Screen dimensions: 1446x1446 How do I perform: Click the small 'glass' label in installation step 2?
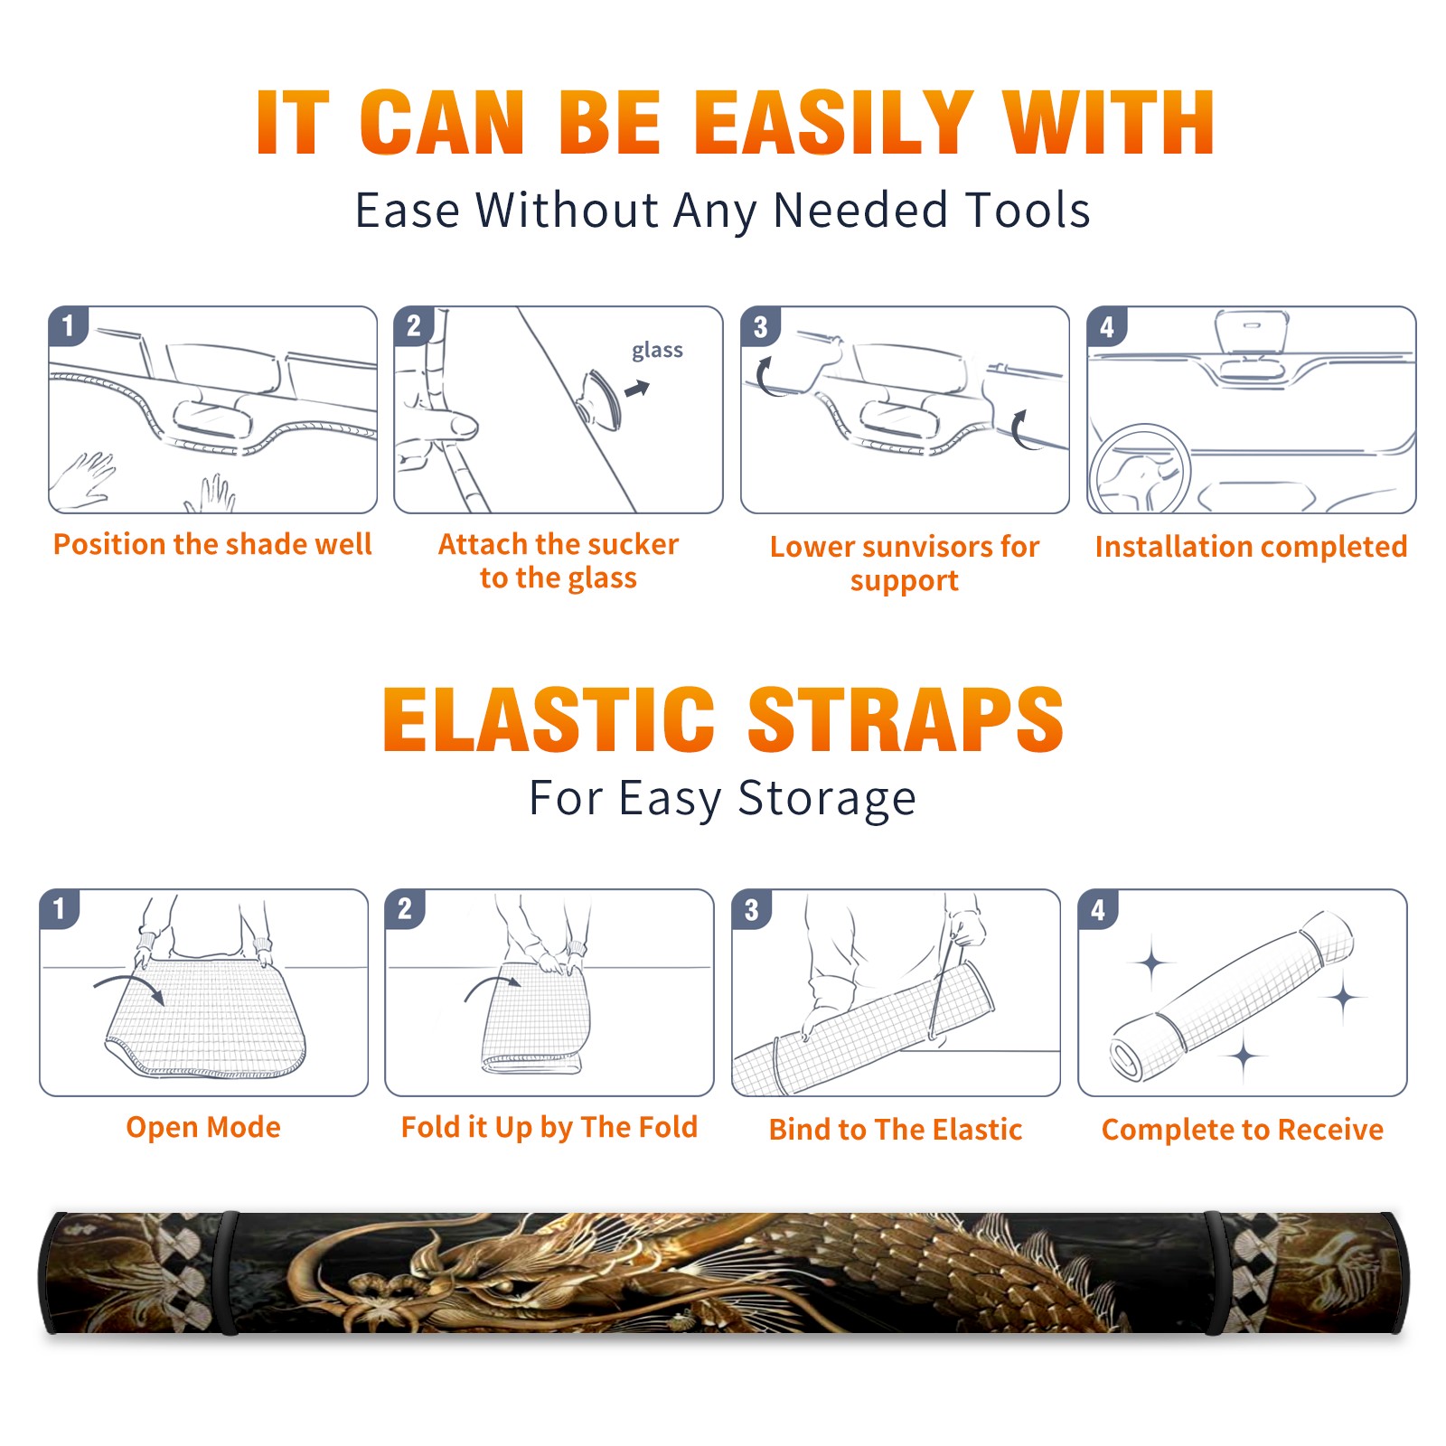coord(657,351)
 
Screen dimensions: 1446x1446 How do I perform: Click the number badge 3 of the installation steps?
coord(761,326)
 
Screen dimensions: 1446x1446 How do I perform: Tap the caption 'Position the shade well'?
coord(212,544)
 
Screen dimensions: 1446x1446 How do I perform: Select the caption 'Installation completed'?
coord(1251,546)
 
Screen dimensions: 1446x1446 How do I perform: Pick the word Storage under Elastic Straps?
coord(827,799)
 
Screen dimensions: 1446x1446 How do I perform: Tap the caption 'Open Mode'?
coord(203,1127)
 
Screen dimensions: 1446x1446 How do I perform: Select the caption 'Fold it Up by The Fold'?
coord(549,1127)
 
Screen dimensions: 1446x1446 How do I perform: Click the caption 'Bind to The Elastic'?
coord(896,1130)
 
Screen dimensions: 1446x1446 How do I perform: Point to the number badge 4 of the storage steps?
coord(1098,909)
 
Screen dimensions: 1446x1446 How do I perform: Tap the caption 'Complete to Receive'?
coord(1243,1130)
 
